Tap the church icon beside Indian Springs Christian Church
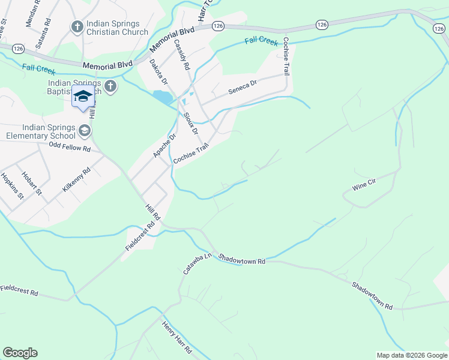[x=77, y=26]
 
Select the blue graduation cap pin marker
[x=83, y=97]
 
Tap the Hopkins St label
[x=12, y=187]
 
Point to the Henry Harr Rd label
[x=176, y=337]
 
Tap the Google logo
[x=20, y=353]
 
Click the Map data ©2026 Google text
[x=412, y=355]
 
